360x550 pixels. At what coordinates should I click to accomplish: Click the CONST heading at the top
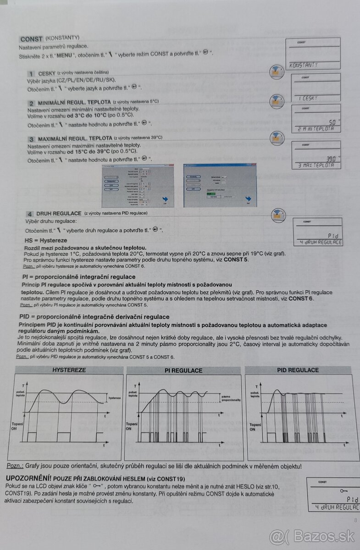point(31,39)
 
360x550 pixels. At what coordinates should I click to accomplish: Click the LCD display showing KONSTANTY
point(313,53)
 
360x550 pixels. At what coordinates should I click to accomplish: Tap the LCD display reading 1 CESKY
point(316,87)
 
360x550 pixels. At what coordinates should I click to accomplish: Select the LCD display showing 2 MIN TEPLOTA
point(316,118)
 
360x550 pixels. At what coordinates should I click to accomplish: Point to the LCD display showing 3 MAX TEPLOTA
point(316,155)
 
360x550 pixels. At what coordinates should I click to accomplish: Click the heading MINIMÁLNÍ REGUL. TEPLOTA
point(74,102)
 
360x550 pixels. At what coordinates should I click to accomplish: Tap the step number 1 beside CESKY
point(32,74)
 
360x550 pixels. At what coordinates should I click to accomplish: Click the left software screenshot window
point(138,185)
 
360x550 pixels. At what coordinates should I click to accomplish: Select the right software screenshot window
point(220,185)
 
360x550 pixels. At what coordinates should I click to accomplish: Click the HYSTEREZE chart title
point(69,370)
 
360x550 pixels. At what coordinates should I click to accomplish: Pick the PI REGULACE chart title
point(184,370)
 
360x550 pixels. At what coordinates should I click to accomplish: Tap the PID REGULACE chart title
point(298,370)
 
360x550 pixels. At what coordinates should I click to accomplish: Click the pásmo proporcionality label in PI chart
point(231,398)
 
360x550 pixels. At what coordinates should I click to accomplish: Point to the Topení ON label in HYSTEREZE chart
point(17,427)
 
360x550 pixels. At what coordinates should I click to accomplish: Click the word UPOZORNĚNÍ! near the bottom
point(28,478)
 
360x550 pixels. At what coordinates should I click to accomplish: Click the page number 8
point(355,520)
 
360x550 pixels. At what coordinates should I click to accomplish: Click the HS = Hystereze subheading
point(45,240)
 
